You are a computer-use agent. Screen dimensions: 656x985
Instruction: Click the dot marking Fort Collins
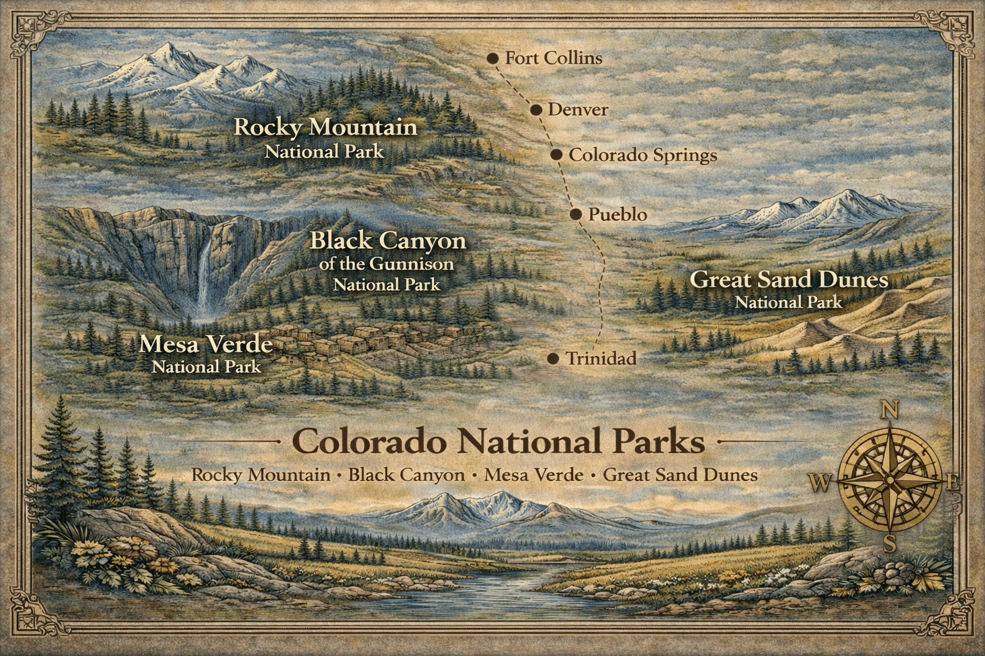[x=492, y=58]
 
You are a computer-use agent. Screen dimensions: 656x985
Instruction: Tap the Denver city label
[x=577, y=110]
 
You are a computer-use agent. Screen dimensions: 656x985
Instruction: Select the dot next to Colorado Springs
[x=557, y=155]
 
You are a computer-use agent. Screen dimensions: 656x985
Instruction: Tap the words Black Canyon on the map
[x=387, y=242]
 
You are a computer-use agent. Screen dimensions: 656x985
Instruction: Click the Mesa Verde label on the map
[x=206, y=345]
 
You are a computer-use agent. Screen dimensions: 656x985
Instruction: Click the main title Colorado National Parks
[x=498, y=442]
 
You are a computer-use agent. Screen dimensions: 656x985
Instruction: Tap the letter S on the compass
[x=890, y=545]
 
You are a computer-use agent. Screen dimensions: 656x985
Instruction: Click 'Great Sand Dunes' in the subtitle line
[x=680, y=475]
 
